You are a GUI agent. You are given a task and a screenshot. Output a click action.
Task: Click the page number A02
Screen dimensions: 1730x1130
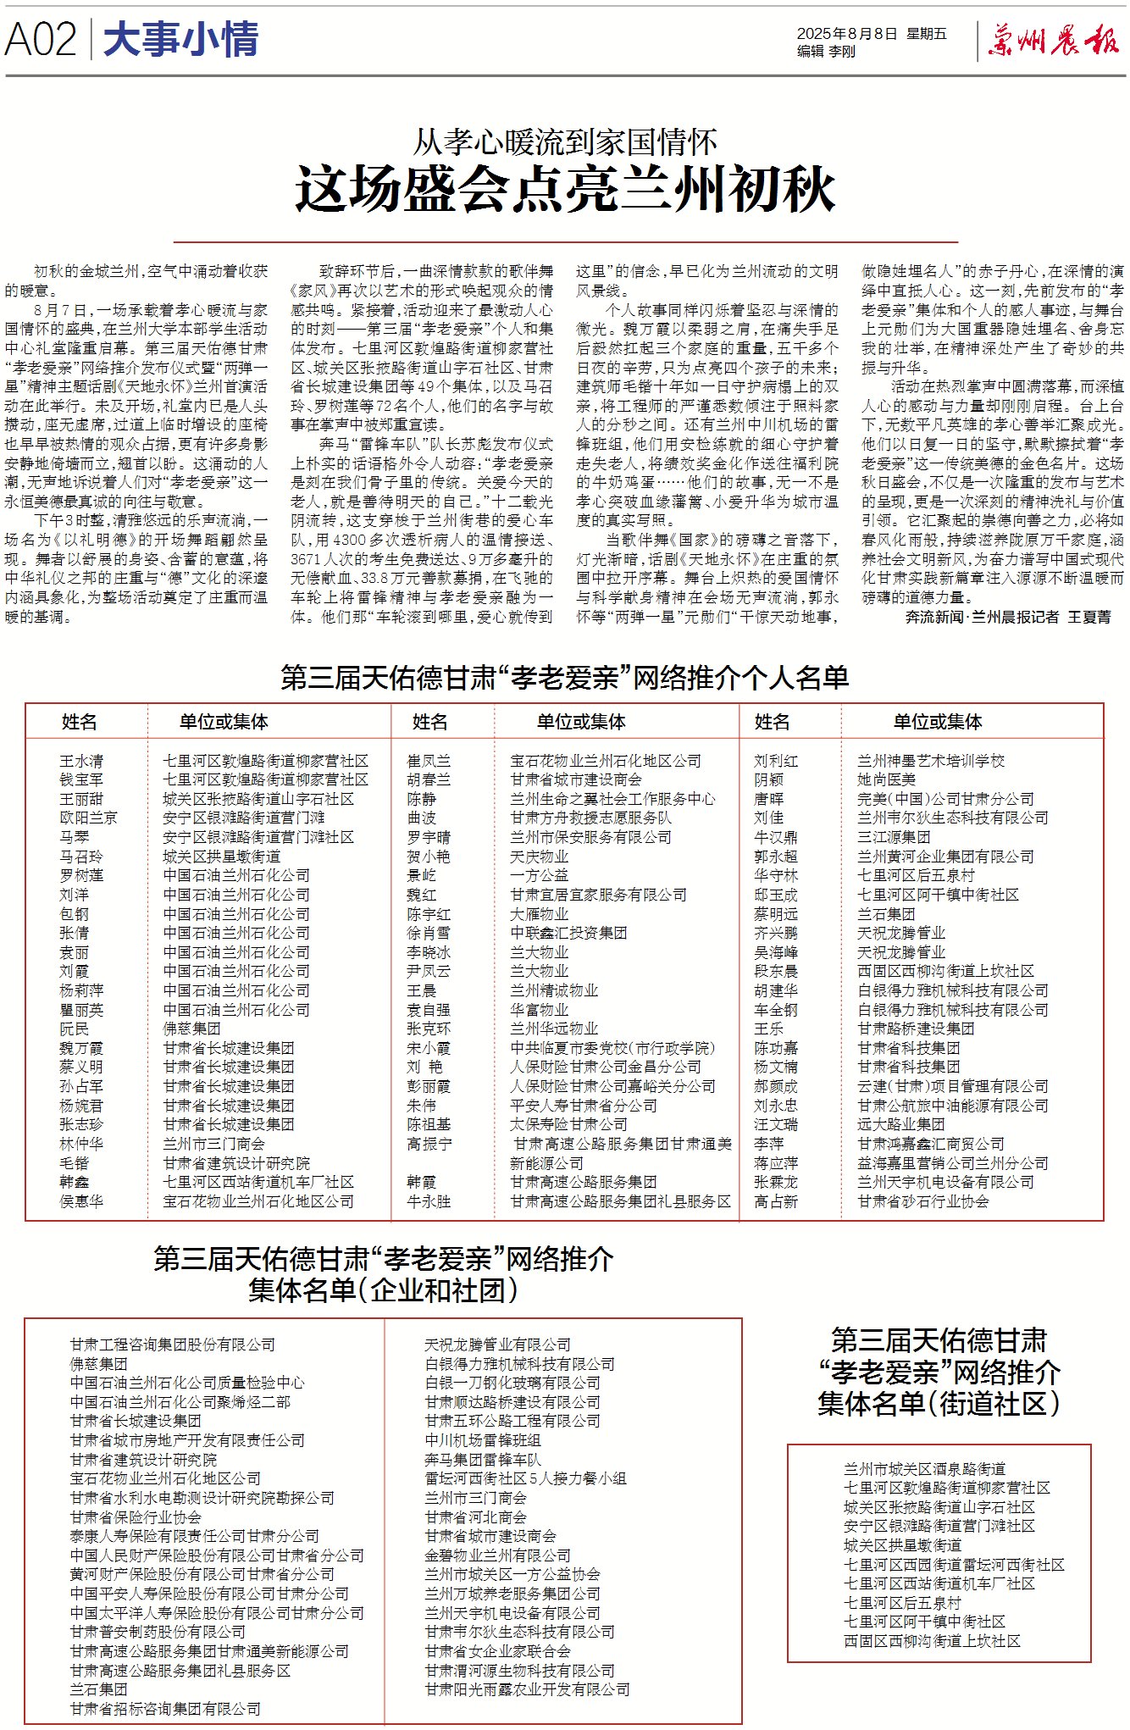point(40,40)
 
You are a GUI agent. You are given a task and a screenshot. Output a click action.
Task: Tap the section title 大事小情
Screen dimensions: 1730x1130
point(180,40)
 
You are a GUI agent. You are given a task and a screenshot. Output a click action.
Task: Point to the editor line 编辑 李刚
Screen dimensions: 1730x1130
point(826,52)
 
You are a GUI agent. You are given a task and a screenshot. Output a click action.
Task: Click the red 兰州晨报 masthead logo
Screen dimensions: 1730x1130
point(1053,41)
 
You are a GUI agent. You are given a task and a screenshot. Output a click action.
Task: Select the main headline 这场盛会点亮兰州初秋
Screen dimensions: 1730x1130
point(565,189)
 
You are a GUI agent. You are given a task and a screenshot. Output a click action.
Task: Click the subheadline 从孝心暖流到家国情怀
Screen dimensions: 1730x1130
point(565,141)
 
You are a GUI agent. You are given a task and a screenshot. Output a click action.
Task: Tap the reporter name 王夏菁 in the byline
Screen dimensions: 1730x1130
point(1088,617)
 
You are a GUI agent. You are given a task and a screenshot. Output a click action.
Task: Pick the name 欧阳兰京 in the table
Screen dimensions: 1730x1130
point(88,818)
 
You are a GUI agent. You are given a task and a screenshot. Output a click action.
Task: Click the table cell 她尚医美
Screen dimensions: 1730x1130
point(886,779)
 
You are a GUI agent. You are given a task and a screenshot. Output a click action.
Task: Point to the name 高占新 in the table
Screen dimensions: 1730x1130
point(775,1201)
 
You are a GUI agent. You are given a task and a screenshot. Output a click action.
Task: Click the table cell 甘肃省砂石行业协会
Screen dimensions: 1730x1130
point(922,1201)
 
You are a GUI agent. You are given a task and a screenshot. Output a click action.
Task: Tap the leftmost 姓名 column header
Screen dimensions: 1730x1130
point(80,722)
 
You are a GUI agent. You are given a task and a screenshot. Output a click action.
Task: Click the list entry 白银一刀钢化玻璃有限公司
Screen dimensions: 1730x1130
point(512,1383)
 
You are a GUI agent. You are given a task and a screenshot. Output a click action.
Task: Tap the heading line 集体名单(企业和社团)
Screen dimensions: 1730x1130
point(383,1290)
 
